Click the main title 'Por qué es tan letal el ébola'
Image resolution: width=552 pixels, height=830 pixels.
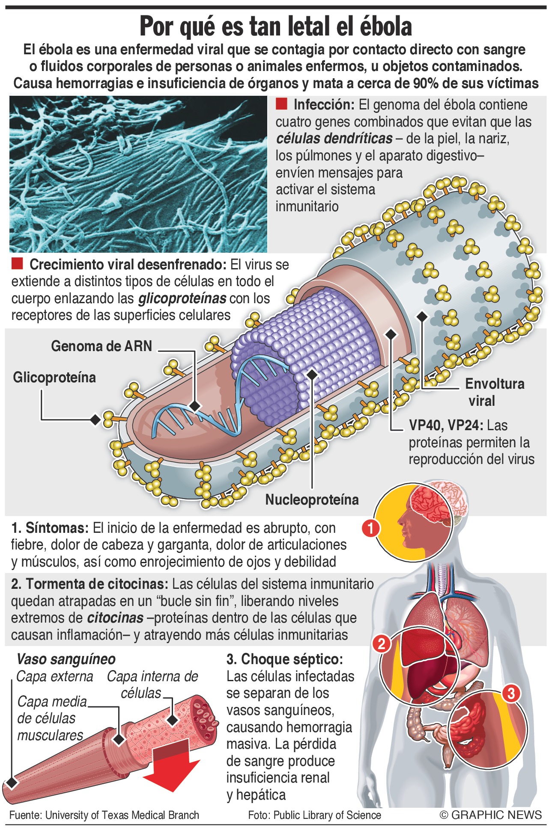click(276, 27)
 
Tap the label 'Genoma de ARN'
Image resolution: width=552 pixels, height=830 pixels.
click(101, 346)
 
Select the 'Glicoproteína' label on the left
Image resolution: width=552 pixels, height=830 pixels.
click(54, 378)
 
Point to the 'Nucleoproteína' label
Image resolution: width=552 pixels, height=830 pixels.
click(312, 499)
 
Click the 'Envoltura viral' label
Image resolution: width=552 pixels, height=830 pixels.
click(495, 392)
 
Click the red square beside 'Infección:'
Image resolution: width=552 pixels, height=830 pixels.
click(281, 104)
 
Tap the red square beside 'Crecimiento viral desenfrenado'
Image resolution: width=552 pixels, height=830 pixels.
click(17, 263)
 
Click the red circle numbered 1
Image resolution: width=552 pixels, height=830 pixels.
click(371, 528)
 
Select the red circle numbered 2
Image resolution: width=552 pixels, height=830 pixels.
click(382, 644)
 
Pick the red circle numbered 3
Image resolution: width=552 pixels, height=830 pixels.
click(510, 693)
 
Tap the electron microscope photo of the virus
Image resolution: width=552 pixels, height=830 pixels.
click(138, 174)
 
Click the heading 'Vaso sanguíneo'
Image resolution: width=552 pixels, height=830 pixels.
click(66, 659)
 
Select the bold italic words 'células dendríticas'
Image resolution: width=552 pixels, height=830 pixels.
click(334, 139)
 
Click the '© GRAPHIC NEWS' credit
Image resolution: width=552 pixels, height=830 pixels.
click(491, 815)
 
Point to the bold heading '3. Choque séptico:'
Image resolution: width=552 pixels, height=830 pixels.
click(285, 659)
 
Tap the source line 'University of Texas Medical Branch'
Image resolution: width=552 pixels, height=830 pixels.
click(122, 815)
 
